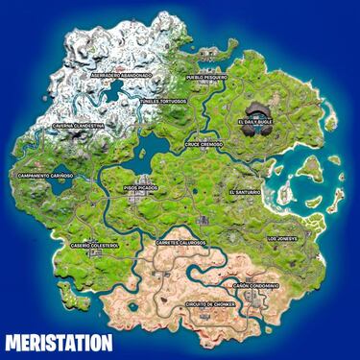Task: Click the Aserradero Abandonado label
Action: click(121, 75)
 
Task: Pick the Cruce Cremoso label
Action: click(204, 144)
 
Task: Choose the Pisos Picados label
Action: click(141, 188)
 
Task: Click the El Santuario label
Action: click(245, 192)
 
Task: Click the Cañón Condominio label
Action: click(254, 285)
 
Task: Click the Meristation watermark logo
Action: click(58, 341)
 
